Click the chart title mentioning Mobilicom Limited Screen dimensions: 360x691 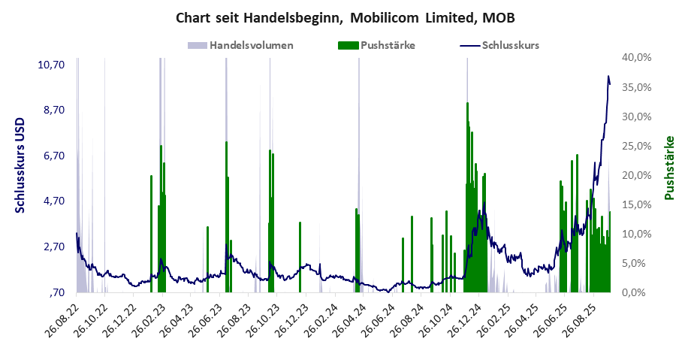click(345, 17)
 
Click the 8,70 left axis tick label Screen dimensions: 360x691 click(55, 110)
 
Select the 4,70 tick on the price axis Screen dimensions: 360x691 click(55, 201)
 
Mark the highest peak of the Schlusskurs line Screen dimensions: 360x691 click(608, 76)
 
